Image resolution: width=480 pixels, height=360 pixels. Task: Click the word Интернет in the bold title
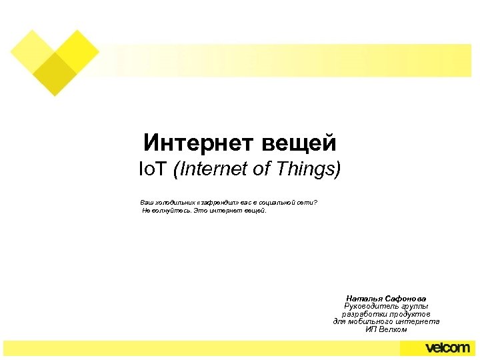coord(187,142)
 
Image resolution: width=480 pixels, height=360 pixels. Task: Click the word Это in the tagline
coord(199,211)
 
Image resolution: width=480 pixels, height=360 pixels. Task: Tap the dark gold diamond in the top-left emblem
coord(55,74)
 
